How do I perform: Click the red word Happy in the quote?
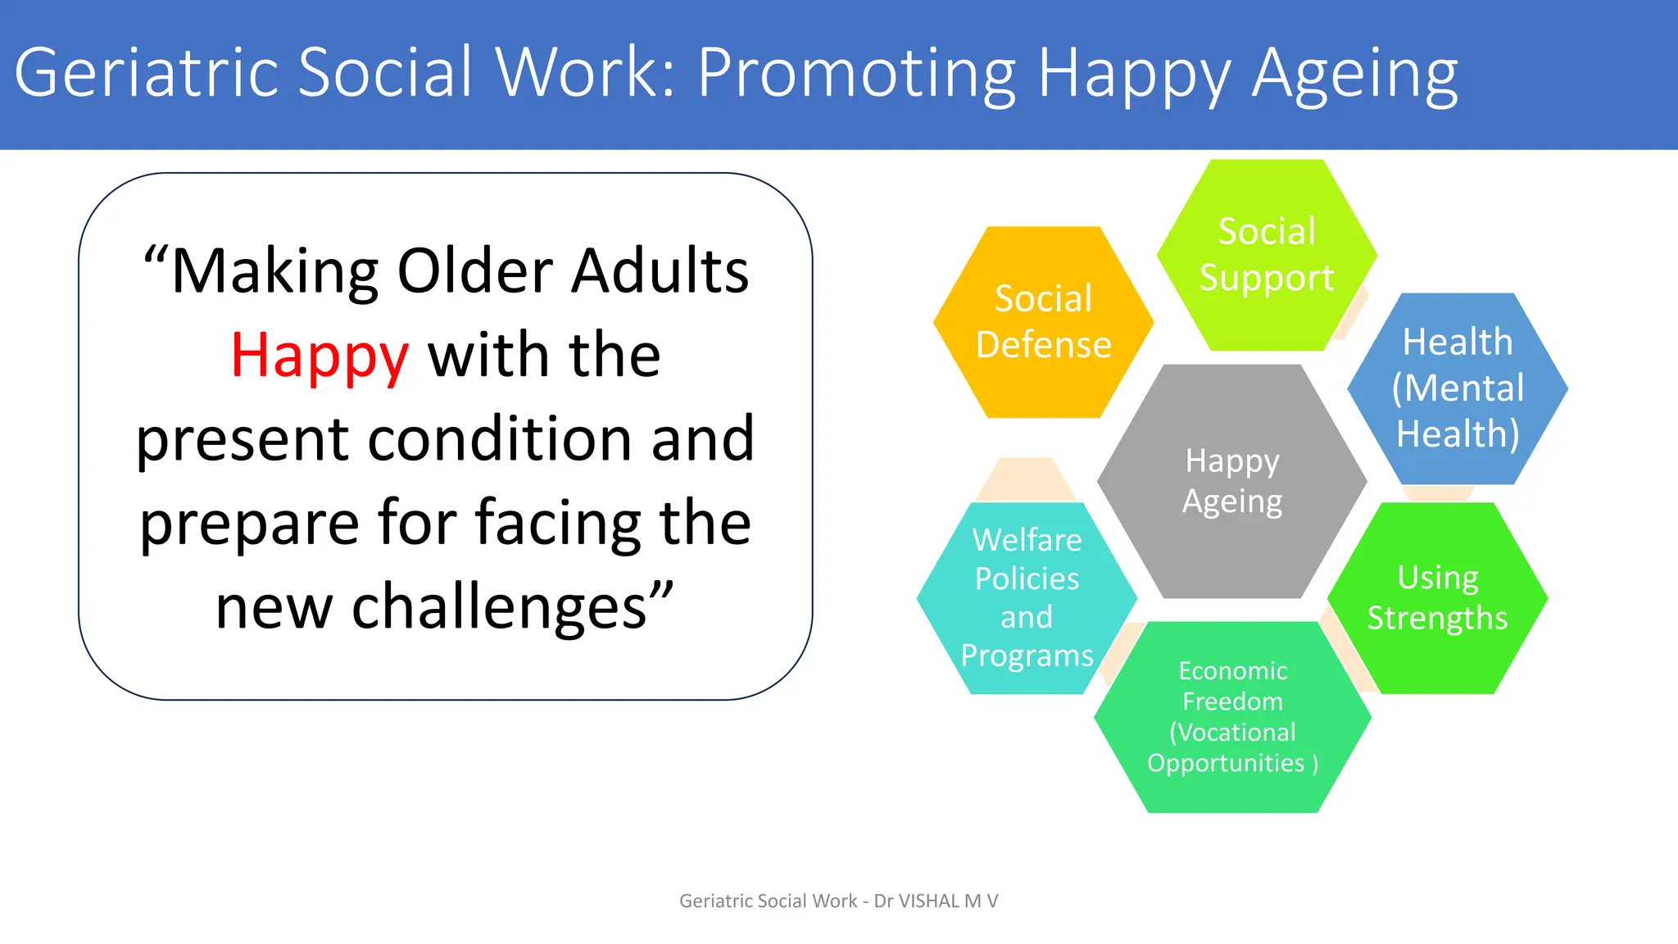[320, 356]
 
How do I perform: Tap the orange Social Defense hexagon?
[1043, 322]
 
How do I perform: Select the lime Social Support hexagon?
[1266, 255]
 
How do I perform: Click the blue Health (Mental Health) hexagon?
[1458, 388]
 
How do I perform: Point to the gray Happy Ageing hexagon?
[1231, 481]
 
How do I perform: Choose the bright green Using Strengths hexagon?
[1437, 598]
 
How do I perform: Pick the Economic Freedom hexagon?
[1232, 717]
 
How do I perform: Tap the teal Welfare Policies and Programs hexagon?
[1026, 598]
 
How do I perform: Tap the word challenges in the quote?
[500, 607]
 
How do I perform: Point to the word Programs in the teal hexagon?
[1027, 656]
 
